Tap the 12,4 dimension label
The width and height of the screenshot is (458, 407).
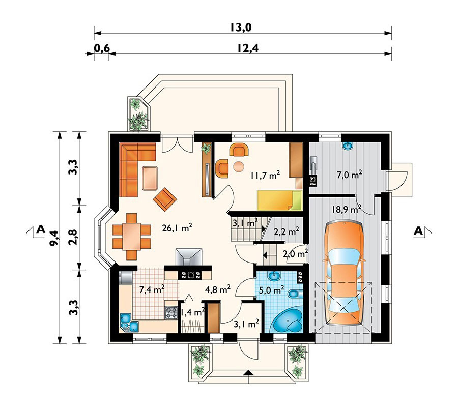pos(248,48)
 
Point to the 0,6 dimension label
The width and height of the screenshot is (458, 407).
pos(102,48)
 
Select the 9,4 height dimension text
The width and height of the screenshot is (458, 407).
pos(54,239)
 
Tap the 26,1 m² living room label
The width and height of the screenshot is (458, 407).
pos(177,228)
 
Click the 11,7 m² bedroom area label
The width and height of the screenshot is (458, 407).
pos(265,175)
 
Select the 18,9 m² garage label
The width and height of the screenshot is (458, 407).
pos(347,209)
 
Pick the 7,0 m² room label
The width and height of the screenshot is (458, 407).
pos(350,175)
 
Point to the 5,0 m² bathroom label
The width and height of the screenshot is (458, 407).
pos(272,290)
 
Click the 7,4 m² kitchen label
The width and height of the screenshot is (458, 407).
pos(152,289)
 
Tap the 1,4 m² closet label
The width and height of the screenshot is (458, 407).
pos(192,312)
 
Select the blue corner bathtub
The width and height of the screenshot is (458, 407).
pos(288,321)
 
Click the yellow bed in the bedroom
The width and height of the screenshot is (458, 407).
pos(279,200)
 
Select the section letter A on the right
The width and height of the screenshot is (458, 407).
pos(419,231)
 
